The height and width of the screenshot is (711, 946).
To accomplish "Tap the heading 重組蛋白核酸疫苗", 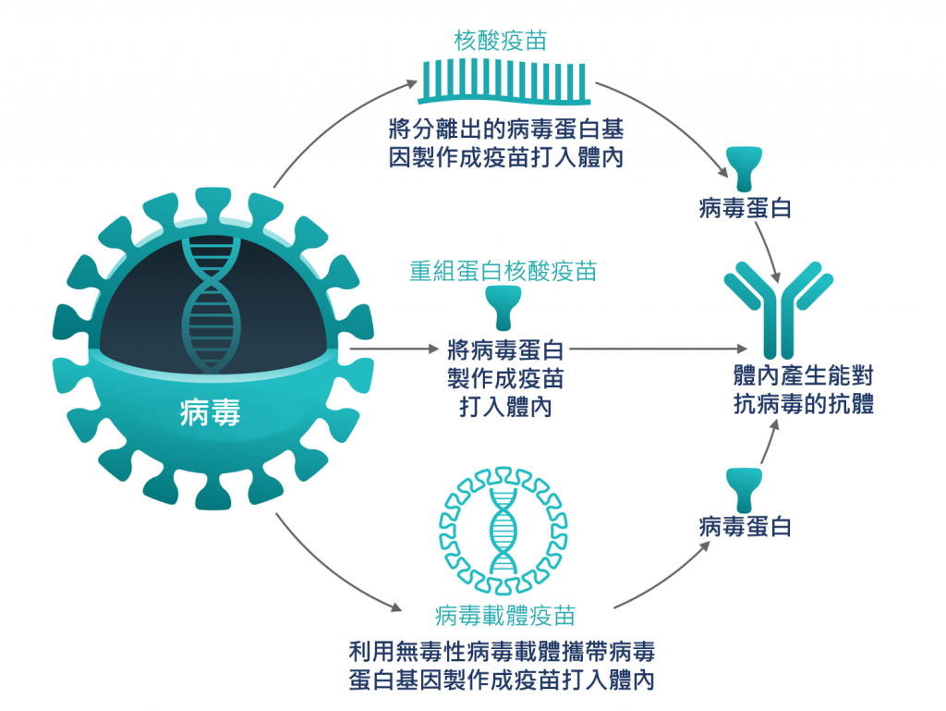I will [x=503, y=270].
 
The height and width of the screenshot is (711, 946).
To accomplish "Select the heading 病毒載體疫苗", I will [x=504, y=615].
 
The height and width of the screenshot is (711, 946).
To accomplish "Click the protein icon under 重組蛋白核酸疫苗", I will [x=504, y=308].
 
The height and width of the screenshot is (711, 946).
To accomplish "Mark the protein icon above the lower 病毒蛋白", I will [x=745, y=487].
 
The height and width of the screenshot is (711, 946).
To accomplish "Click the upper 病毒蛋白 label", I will [x=745, y=208].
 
